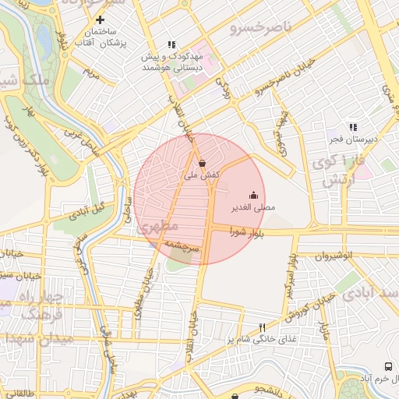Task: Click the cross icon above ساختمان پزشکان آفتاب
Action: click(x=100, y=19)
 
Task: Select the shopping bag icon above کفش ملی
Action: click(x=203, y=164)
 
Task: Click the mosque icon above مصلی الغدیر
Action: click(x=253, y=196)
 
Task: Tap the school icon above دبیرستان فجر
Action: click(x=353, y=127)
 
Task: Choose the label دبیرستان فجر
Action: click(x=352, y=140)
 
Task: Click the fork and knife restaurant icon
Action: click(x=261, y=327)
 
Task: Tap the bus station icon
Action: click(x=388, y=365)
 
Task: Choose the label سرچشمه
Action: click(x=182, y=245)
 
